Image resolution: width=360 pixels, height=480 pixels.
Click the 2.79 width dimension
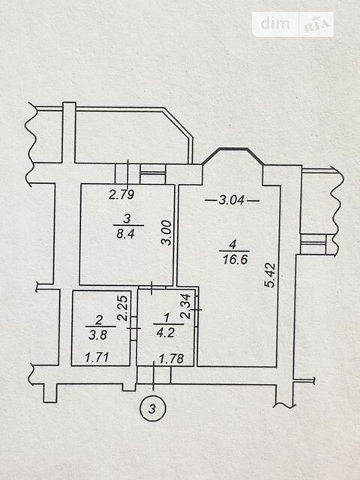coord(121,195)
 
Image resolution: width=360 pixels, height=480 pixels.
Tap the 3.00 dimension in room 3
coord(166,232)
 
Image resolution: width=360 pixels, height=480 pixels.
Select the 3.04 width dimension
coord(232,200)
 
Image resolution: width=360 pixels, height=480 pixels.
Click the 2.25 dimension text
coord(123,307)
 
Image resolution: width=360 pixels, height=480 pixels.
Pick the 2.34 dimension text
coord(186,306)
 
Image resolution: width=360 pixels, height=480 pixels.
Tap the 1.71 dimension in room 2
coord(97,357)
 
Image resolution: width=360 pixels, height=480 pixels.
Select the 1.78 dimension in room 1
coord(172,358)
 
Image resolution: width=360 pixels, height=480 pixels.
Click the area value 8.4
coord(125,234)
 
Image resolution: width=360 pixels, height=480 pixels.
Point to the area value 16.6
coord(235,259)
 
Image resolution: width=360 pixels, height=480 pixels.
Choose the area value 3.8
coord(98,335)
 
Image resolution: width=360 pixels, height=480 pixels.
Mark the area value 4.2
coord(165,332)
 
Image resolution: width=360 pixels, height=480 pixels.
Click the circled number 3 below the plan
coord(152,408)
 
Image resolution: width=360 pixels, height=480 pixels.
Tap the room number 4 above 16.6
coord(233,245)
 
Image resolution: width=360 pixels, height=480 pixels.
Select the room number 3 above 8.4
coord(127,218)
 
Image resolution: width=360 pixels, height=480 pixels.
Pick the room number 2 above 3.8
coord(99,320)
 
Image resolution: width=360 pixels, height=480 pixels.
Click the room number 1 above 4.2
coord(166,318)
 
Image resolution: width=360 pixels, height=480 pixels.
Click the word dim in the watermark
coord(275,23)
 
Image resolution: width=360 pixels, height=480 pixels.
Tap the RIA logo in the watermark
coord(317,25)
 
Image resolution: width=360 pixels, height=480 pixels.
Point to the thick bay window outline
coord(232,149)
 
